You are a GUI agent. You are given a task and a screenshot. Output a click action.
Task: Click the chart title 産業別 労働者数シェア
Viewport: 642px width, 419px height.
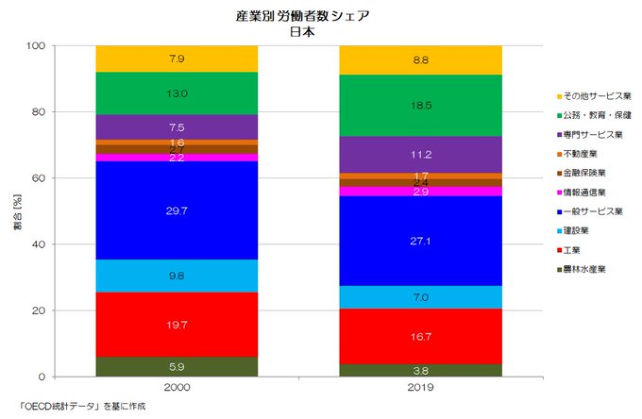coord(302,15)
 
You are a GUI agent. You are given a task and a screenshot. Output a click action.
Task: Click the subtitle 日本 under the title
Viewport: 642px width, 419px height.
coord(302,30)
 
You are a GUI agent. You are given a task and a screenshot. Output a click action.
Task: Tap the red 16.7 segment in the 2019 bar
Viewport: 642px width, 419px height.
coord(421,336)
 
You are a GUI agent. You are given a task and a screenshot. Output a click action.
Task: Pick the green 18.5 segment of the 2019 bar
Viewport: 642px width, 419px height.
coord(421,106)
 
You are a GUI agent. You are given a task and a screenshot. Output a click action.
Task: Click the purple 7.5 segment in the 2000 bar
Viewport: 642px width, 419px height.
coord(177,126)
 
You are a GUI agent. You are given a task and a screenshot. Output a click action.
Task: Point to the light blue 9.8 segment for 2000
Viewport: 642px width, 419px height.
coord(177,276)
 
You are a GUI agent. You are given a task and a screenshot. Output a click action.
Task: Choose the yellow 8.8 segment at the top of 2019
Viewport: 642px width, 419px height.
coord(421,59)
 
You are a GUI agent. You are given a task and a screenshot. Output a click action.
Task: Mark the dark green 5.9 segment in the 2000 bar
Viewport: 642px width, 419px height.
coord(177,367)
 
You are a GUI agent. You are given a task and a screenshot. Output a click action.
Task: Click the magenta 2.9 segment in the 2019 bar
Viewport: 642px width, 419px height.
coord(421,192)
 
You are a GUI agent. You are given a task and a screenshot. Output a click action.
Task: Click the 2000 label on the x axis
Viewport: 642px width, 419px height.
coord(177,388)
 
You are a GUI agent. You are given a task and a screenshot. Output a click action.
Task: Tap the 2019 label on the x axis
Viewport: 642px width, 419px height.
coord(421,388)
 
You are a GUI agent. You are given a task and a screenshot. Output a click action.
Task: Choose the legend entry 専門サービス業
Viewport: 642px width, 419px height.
coord(591,134)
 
